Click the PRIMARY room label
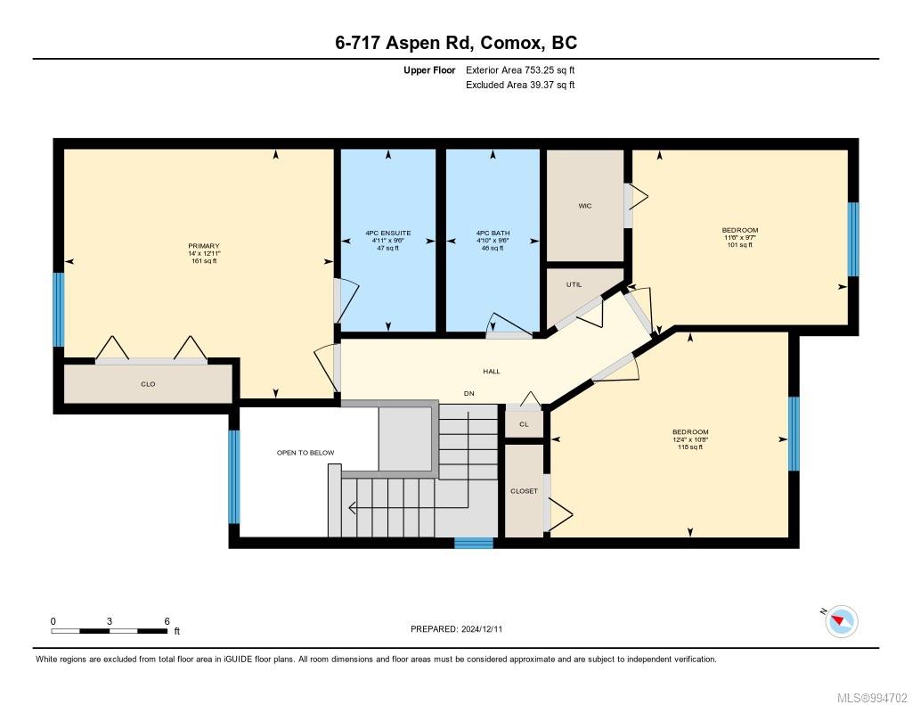[x=204, y=246]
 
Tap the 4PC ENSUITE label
[x=388, y=233]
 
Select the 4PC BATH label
[x=493, y=233]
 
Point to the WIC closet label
[x=585, y=206]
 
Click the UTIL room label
[x=574, y=284]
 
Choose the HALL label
[x=492, y=371]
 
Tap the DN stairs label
[x=468, y=394]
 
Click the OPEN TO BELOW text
[x=305, y=453]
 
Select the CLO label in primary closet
[x=148, y=384]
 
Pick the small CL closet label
[x=524, y=424]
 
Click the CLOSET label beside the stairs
[x=524, y=491]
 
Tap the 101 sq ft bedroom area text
[x=740, y=245]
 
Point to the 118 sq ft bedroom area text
[x=690, y=447]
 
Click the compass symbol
[x=841, y=621]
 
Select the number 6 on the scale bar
[x=167, y=621]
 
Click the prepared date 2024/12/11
[x=482, y=628]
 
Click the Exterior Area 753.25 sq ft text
[x=520, y=70]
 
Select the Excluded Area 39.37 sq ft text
[x=520, y=85]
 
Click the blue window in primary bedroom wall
[x=59, y=309]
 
